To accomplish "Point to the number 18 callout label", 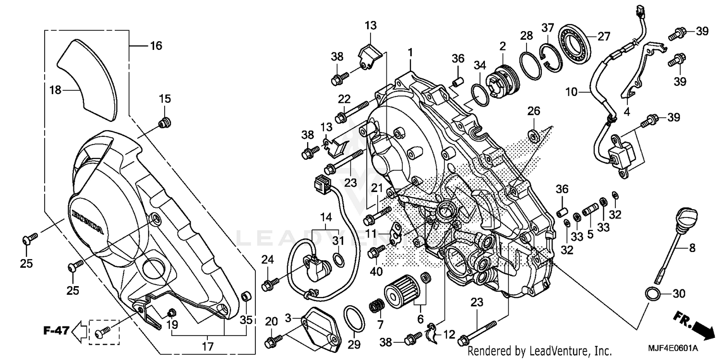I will point(56,90).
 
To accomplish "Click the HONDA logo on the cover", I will point(88,221).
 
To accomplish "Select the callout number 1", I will point(410,52).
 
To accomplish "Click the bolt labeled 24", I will point(267,285).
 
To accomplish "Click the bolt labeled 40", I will point(376,252).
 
